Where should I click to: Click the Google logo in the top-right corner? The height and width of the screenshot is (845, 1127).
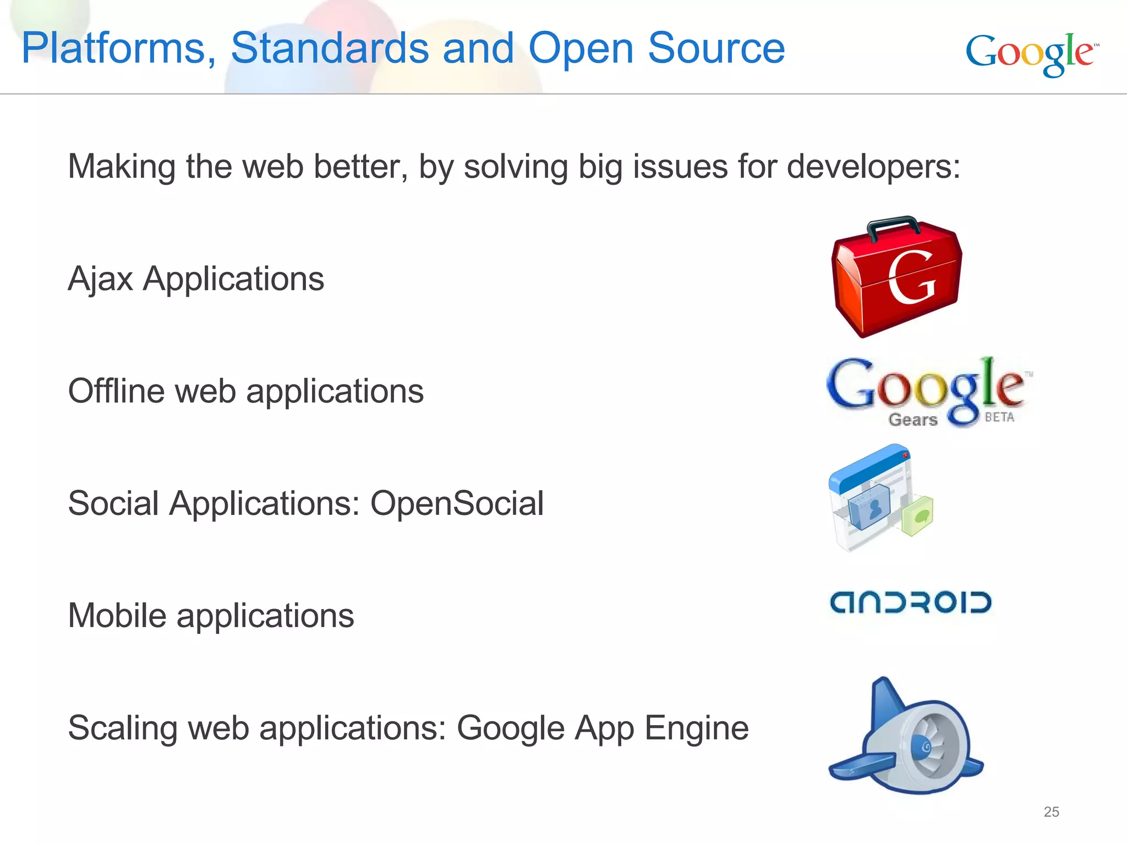tap(1031, 54)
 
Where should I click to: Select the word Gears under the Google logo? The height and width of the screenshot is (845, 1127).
tap(913, 420)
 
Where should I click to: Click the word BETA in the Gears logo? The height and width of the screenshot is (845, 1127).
tap(999, 417)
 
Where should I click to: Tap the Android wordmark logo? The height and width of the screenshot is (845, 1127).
tap(911, 602)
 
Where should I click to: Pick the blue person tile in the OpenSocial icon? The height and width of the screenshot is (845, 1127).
tap(870, 508)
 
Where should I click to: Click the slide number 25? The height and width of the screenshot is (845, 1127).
tap(1051, 811)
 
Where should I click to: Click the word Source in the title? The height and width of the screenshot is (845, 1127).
tap(716, 48)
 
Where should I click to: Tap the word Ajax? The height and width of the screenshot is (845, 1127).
tap(100, 279)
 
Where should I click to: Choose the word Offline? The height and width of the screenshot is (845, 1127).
tap(116, 391)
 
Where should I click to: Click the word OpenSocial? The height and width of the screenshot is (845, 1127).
tap(457, 503)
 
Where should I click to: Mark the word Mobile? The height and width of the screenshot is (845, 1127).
tap(117, 616)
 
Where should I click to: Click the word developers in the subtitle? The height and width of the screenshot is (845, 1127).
tap(873, 167)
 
